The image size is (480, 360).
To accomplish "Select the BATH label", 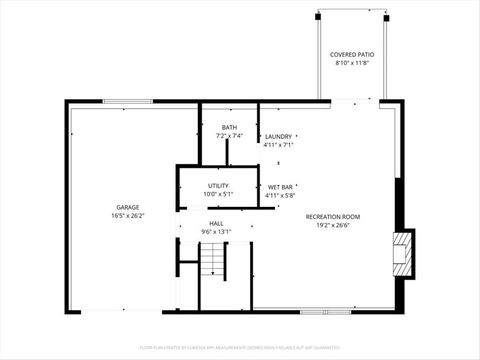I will (x=228, y=127).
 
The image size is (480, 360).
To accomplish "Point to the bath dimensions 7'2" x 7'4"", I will (x=228, y=136).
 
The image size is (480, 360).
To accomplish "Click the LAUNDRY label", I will (x=278, y=136).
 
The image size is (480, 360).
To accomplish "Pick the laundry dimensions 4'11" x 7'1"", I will (x=278, y=145).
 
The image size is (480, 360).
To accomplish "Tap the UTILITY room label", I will (x=218, y=185).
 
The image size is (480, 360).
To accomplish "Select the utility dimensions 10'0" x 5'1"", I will (x=218, y=194).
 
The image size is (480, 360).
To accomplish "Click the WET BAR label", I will (x=280, y=187).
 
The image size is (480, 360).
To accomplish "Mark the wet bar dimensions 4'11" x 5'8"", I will (x=280, y=196).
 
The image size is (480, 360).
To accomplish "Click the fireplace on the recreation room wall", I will (x=402, y=253).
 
